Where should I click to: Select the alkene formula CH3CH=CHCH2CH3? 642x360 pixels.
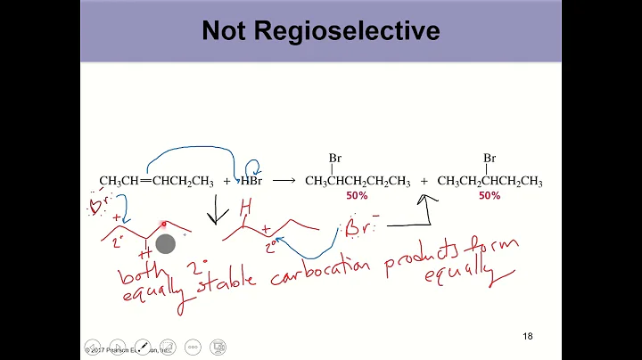[156, 182]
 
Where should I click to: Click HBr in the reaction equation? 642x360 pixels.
[246, 182]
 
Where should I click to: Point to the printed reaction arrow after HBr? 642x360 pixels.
[284, 181]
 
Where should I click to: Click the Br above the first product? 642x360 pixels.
[335, 159]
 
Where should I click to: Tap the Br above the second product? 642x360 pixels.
[490, 159]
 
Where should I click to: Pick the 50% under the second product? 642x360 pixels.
[490, 195]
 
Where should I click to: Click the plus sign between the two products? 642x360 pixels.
[424, 182]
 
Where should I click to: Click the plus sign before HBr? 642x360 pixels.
[226, 182]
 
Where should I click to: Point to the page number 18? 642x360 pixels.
[527, 336]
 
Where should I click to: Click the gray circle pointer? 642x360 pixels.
[165, 243]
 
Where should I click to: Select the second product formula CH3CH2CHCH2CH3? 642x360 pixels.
[490, 182]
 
